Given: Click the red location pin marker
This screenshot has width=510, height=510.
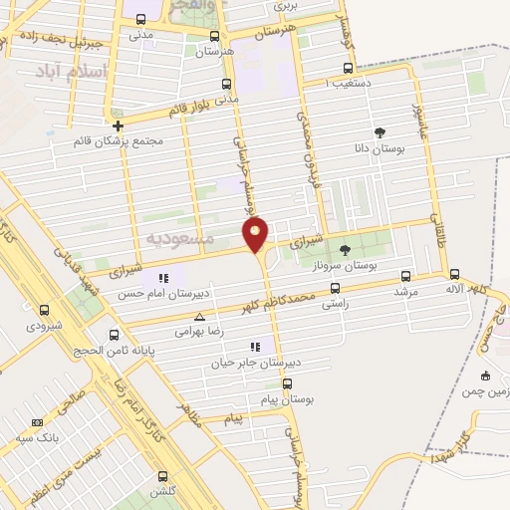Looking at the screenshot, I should pos(255,234).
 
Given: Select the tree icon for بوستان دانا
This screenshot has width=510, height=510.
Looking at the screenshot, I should pos(380,131).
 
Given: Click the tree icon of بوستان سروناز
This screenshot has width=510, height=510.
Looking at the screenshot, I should pos(345,250).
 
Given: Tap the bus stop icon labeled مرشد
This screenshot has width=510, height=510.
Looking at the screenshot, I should pos(404,276).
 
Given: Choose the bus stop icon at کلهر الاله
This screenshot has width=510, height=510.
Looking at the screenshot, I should pos(454,274).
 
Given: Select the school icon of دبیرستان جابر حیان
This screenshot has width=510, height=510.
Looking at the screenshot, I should pos(256,346).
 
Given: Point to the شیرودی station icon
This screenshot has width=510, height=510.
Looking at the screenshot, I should pos(43,310).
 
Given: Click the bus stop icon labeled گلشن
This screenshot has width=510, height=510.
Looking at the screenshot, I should pos(163,477).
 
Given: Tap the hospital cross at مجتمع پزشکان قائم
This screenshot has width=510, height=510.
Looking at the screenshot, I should pos(119,126).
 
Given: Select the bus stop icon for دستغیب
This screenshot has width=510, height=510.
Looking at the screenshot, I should pos(347,68).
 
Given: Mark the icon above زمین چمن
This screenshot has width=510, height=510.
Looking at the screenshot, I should pos(484,376).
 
